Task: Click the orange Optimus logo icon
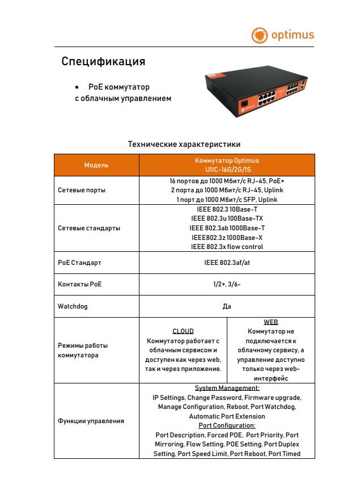click(259, 36)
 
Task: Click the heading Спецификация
click(103, 61)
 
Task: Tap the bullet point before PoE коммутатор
click(77, 87)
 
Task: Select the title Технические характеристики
click(184, 144)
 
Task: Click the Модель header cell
click(96, 165)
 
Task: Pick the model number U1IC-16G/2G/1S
click(227, 170)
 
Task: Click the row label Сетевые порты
click(82, 190)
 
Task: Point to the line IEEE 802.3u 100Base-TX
click(227, 218)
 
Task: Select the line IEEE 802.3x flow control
click(227, 247)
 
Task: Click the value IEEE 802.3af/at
click(227, 263)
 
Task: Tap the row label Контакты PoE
click(80, 284)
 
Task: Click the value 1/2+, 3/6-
click(227, 284)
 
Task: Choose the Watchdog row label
click(73, 306)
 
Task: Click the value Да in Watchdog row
click(227, 306)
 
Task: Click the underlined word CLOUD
click(183, 331)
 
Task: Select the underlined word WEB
click(270, 322)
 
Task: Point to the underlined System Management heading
click(227, 388)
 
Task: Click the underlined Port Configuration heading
click(227, 425)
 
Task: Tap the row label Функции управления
click(91, 421)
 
